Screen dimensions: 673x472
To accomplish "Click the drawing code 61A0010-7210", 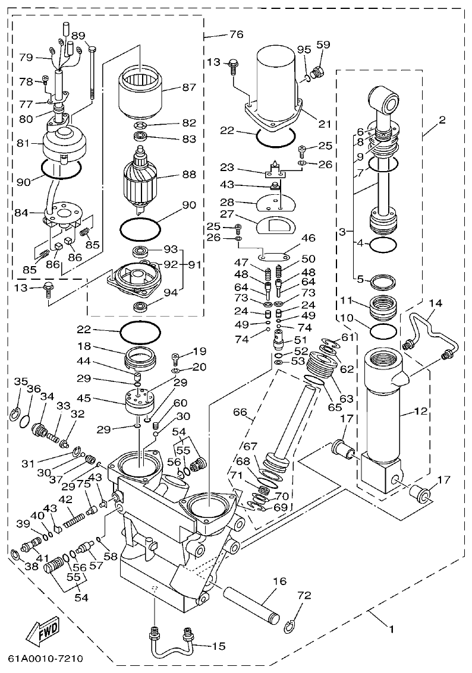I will click(45, 659).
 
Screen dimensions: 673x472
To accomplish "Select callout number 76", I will click(236, 34).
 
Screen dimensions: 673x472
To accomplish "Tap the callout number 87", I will click(188, 87).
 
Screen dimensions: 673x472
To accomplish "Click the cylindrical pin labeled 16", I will click(250, 601).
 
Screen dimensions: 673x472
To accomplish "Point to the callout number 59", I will click(322, 45).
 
